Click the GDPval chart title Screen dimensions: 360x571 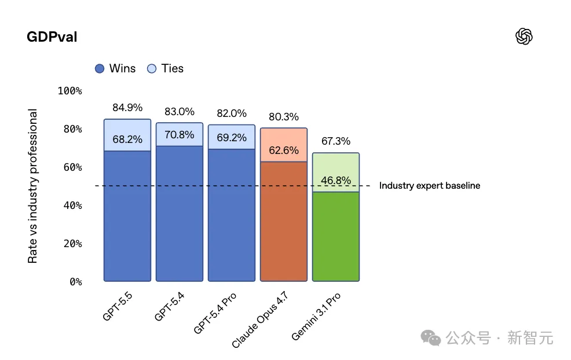coord(52,37)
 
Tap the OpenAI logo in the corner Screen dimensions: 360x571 coord(524,37)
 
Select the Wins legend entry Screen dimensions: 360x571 coord(115,68)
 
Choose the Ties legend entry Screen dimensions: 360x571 coord(166,68)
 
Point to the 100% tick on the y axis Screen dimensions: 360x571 coord(70,91)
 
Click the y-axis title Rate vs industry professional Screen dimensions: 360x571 coord(32,186)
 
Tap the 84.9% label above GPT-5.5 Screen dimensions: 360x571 coord(127,108)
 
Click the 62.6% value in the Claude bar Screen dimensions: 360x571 coord(284,150)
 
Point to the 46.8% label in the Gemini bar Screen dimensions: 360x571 coord(336,181)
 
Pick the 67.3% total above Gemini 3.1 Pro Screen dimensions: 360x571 coord(336,141)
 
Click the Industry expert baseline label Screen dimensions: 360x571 coord(429,186)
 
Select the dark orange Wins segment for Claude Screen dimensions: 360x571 coord(284,226)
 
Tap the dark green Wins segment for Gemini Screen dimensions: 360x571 coord(336,237)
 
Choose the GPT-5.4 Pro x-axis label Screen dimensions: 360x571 coord(216,313)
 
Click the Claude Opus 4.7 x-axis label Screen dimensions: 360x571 coord(260,319)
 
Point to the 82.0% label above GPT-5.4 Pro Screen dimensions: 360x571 coord(232,113)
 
